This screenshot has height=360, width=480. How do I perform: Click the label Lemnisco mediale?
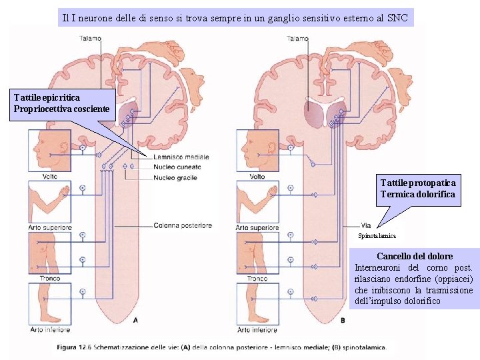pyautogui.click(x=181, y=157)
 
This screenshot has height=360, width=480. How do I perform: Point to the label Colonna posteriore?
pyautogui.click(x=183, y=225)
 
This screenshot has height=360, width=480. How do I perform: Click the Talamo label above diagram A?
pyautogui.click(x=91, y=39)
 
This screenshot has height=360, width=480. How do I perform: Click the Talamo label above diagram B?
pyautogui.click(x=297, y=39)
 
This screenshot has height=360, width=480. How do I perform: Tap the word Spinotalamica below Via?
pyautogui.click(x=377, y=236)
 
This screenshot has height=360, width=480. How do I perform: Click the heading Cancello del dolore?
pyautogui.click(x=414, y=256)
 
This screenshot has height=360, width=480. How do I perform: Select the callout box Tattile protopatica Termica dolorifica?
pyautogui.click(x=418, y=189)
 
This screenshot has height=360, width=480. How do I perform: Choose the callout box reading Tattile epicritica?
pyautogui.click(x=62, y=103)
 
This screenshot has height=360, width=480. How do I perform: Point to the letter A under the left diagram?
pyautogui.click(x=136, y=321)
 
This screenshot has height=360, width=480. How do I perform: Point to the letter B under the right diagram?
pyautogui.click(x=343, y=321)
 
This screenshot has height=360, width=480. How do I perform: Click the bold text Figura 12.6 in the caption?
pyautogui.click(x=76, y=347)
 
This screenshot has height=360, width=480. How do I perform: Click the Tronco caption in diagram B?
pyautogui.click(x=257, y=279)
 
